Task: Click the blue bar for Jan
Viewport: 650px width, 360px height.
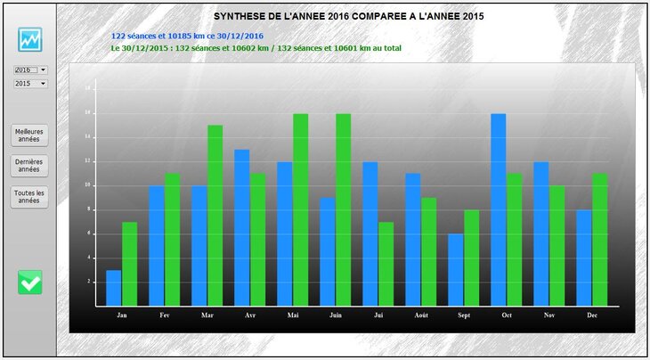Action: [113, 288]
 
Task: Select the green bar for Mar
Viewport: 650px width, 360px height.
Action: [215, 215]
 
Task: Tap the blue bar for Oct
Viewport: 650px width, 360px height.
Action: [498, 209]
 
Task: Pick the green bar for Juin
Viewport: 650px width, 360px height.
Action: [343, 209]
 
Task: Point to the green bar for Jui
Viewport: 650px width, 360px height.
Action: [386, 264]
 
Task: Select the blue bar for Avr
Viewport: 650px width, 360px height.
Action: [241, 227]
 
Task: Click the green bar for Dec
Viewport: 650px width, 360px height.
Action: [599, 240]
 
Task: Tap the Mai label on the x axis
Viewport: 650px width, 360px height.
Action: [292, 315]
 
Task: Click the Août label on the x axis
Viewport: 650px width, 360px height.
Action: [420, 315]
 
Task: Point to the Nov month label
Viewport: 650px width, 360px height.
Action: [548, 315]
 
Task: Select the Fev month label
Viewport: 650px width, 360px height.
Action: [164, 315]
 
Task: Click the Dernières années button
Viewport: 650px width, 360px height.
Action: [29, 165]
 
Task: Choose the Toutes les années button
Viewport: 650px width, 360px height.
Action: [29, 197]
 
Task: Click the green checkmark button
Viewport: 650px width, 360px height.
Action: [30, 282]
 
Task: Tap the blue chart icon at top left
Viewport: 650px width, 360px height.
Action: [30, 40]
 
